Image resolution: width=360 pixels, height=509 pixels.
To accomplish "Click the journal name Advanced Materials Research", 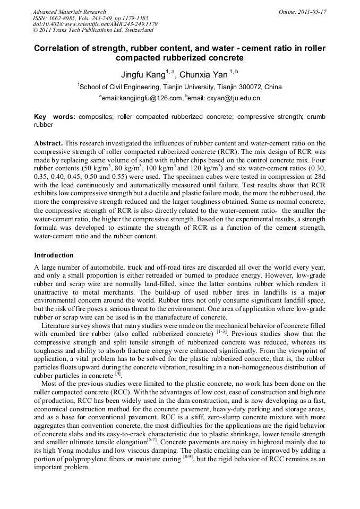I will tap(69, 12).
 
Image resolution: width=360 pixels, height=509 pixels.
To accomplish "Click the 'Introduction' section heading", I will tap(54, 255).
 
